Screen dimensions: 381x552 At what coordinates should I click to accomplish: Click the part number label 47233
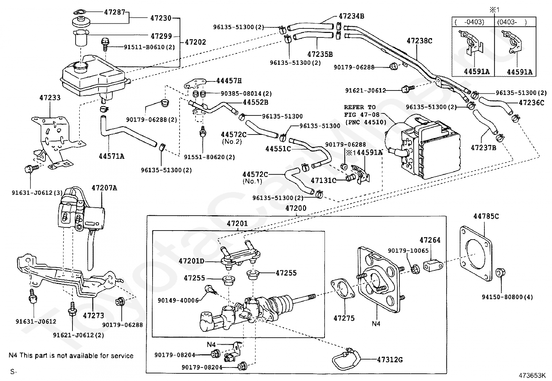[x=50, y=97]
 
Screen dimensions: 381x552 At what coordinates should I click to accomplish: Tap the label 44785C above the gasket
[x=486, y=216]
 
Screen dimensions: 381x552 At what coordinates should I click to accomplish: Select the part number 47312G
[x=390, y=360]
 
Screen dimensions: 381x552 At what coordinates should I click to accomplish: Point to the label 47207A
[x=104, y=188]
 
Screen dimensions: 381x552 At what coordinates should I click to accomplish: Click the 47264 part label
[x=430, y=240]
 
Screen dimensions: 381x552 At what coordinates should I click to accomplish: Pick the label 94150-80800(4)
[x=507, y=297]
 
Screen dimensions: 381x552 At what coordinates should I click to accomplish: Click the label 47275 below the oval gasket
[x=344, y=318]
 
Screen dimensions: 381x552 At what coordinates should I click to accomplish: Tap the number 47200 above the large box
[x=296, y=208]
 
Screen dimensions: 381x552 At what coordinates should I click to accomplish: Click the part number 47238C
[x=419, y=41]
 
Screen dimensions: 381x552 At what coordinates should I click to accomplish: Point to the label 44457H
[x=229, y=81]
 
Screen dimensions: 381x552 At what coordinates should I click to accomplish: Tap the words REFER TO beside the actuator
[x=360, y=107]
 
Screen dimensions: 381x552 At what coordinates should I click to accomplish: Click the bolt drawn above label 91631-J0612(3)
[x=29, y=170]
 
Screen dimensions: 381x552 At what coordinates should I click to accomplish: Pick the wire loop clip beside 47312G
[x=345, y=358]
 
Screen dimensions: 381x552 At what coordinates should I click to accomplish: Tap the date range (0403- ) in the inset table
[x=512, y=22]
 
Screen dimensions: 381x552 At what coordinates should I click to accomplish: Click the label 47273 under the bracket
[x=93, y=315]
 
